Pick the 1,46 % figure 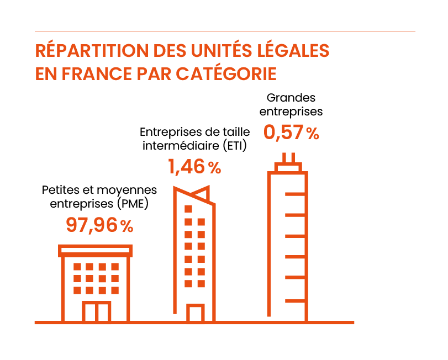click(x=194, y=166)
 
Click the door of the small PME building click(x=97, y=311)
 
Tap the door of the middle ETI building click(x=194, y=313)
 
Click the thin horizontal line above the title click(x=224, y=31)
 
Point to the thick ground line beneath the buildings click(x=194, y=322)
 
